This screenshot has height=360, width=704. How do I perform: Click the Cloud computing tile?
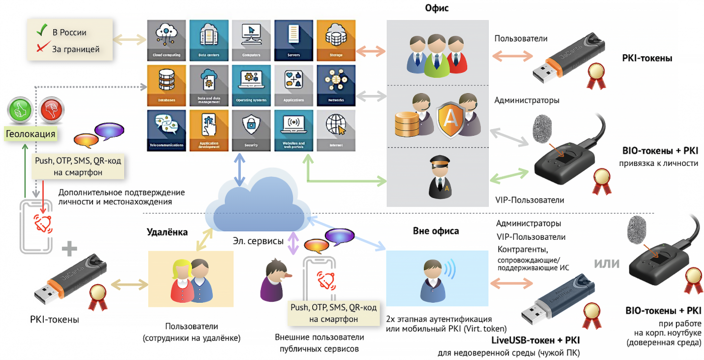click(166, 40)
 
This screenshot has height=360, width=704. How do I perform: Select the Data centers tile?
click(209, 40)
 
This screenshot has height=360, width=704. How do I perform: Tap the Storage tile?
click(336, 40)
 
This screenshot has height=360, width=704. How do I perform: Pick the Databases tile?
click(166, 85)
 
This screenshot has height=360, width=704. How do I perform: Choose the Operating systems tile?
click(251, 85)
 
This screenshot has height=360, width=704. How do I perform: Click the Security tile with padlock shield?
click(251, 130)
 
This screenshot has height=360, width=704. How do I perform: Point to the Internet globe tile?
click(336, 130)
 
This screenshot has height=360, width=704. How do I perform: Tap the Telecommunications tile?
click(166, 130)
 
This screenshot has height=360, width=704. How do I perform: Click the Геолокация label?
click(31, 134)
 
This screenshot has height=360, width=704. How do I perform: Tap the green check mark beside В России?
click(42, 31)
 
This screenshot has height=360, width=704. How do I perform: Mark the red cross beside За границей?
click(42, 48)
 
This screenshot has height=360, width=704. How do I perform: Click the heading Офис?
click(437, 9)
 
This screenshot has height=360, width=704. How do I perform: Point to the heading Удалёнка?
click(167, 232)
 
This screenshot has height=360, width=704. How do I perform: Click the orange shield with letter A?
click(452, 119)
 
